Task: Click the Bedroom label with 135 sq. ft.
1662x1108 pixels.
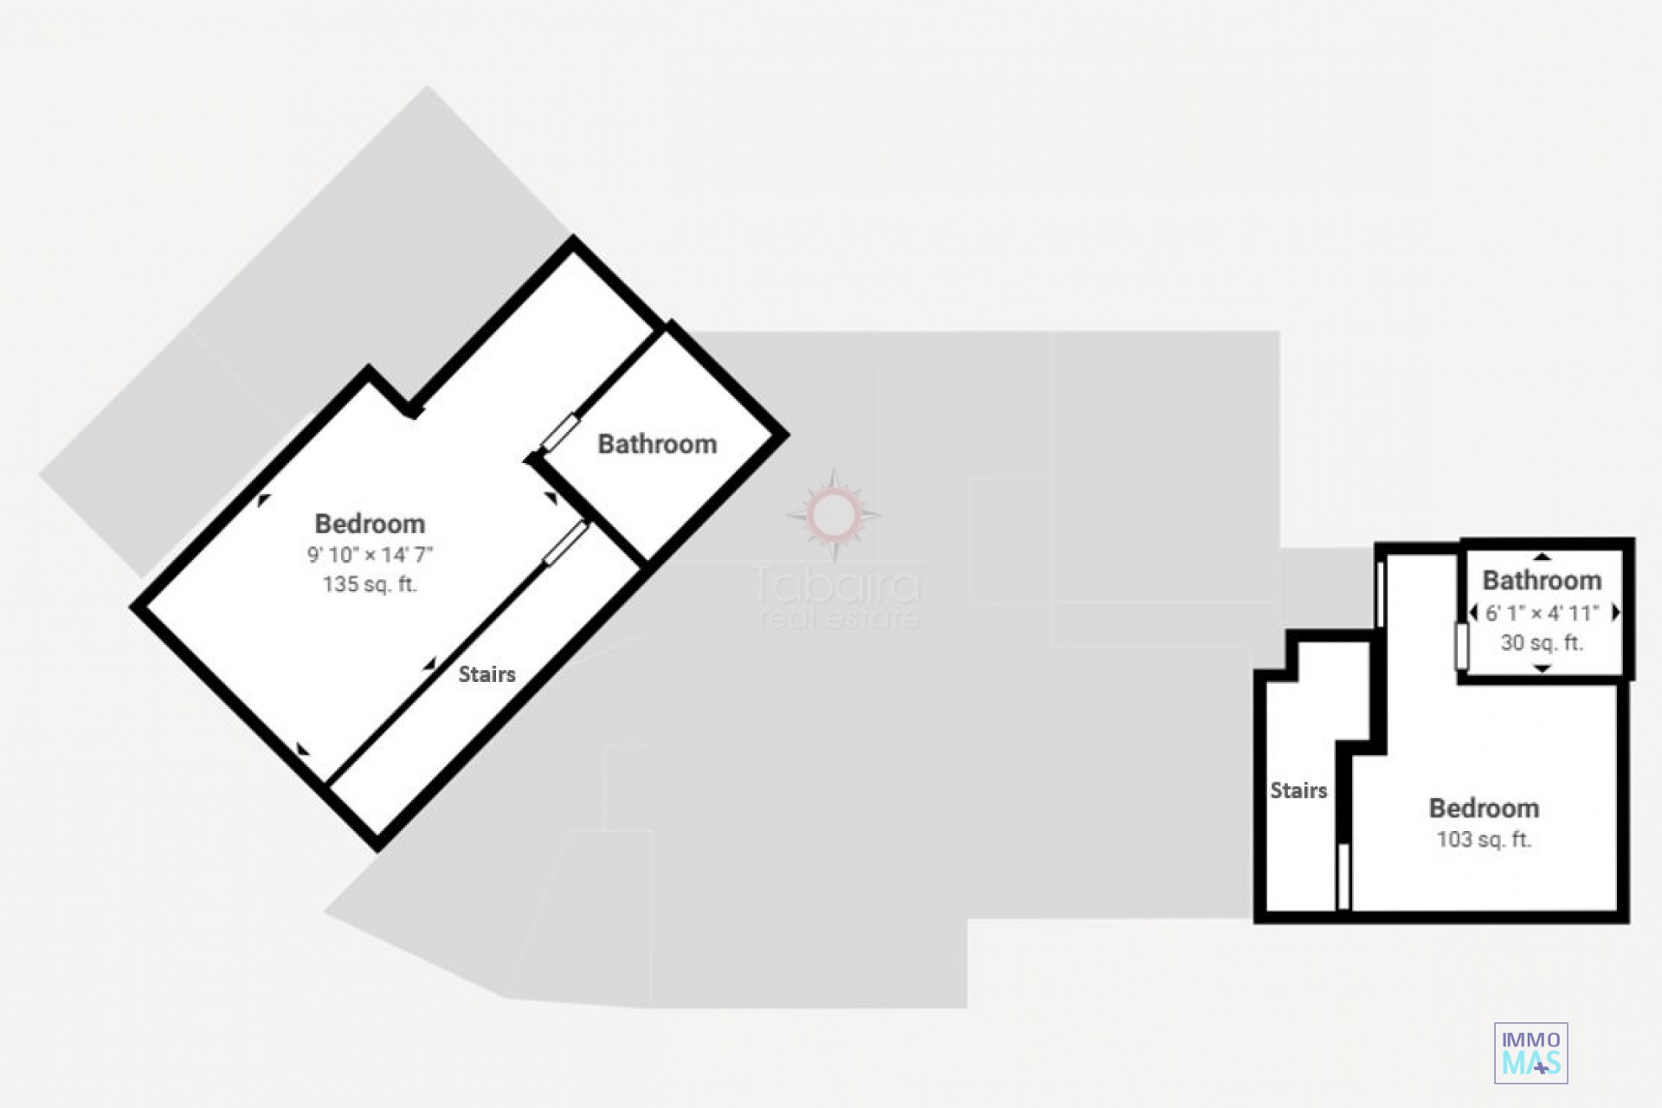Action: point(370,524)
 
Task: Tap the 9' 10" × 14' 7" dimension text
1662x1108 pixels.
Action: point(370,555)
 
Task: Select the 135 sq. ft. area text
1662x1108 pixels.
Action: point(370,584)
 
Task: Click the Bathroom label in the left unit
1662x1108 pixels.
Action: point(657,444)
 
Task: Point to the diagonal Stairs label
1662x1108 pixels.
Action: point(486,674)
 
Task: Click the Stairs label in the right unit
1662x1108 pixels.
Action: point(1298,790)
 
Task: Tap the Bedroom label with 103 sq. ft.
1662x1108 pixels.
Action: point(1484,808)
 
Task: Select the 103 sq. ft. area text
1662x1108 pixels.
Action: point(1484,840)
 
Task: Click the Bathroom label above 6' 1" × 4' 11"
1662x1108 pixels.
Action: point(1542,580)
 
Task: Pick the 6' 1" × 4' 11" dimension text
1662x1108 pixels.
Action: point(1542,613)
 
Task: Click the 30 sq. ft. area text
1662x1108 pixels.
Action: point(1542,643)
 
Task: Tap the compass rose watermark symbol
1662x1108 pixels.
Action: point(833,515)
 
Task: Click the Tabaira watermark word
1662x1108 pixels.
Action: point(836,585)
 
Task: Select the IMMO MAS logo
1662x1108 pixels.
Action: point(1530,1053)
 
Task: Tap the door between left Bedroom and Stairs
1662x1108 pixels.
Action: point(566,543)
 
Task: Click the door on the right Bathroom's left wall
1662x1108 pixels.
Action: point(1462,646)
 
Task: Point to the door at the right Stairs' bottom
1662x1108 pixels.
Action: point(1343,876)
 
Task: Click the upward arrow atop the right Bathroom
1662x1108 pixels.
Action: point(1543,557)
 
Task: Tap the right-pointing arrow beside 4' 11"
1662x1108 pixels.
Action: point(1614,613)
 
